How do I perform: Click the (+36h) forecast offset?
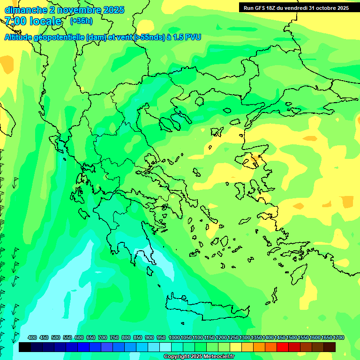tap(81, 21)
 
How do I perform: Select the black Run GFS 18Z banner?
tap(296, 7)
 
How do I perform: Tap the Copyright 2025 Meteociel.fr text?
tap(199, 357)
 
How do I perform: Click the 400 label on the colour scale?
tap(32, 337)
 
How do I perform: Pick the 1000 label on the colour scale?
tap(174, 337)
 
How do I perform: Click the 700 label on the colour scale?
tap(102, 337)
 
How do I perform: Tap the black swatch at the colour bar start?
tap(25, 347)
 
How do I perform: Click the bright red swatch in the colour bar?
tap(283, 347)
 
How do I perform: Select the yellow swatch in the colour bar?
tap(236, 347)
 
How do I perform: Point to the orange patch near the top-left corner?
tap(7, 63)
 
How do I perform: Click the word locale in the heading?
tap(44, 21)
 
